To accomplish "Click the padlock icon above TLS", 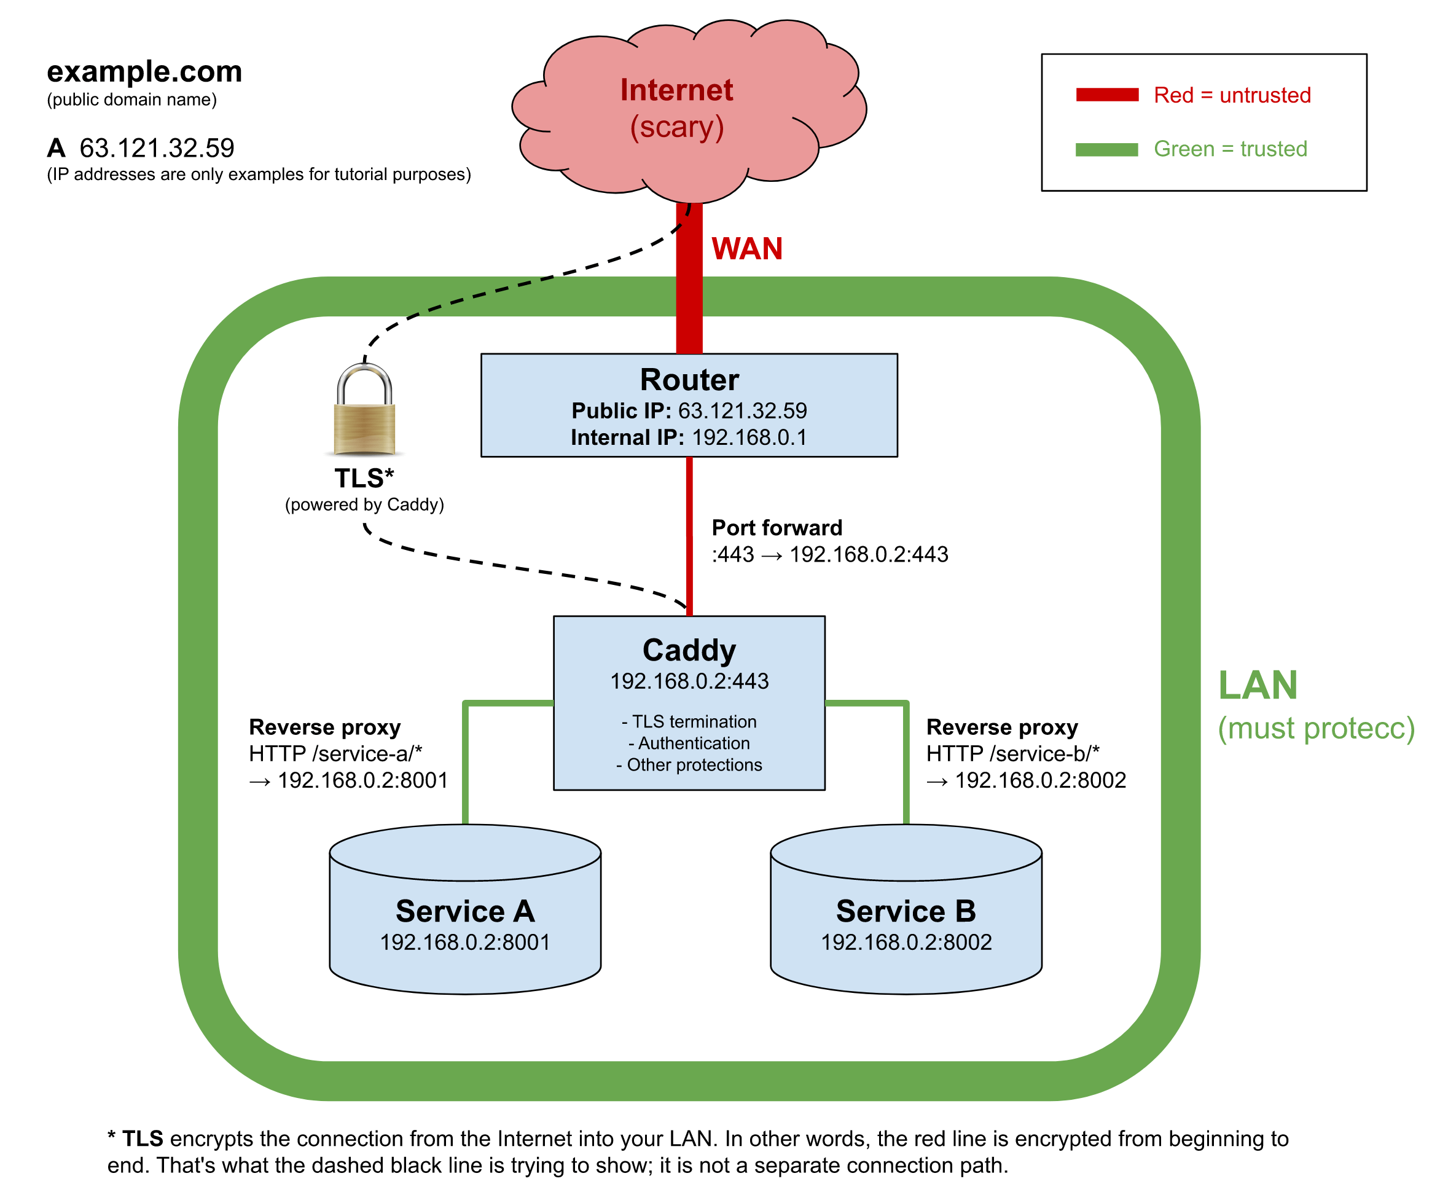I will pyautogui.click(x=364, y=411).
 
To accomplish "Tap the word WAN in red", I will pyautogui.click(x=747, y=248).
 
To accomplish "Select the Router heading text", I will pyautogui.click(x=689, y=379).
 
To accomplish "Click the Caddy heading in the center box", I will pyautogui.click(x=689, y=649).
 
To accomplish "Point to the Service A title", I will pyautogui.click(x=465, y=911).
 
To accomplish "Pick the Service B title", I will pyautogui.click(x=906, y=911).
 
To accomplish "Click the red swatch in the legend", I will pyautogui.click(x=1107, y=95).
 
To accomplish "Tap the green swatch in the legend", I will pyautogui.click(x=1107, y=149).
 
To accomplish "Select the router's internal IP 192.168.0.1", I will pyautogui.click(x=749, y=437).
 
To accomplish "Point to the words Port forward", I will pyautogui.click(x=777, y=527).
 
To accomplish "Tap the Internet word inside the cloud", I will pyautogui.click(x=677, y=90).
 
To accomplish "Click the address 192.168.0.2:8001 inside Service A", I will pyautogui.click(x=465, y=943).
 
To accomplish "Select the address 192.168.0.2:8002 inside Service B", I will pyautogui.click(x=906, y=943).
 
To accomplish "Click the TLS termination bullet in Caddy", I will pyautogui.click(x=690, y=721).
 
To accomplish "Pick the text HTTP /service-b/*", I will pyautogui.click(x=1012, y=754).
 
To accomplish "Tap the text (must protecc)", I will pyautogui.click(x=1316, y=728).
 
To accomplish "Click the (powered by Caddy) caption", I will pyautogui.click(x=364, y=505).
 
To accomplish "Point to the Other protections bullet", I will pyautogui.click(x=690, y=765).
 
